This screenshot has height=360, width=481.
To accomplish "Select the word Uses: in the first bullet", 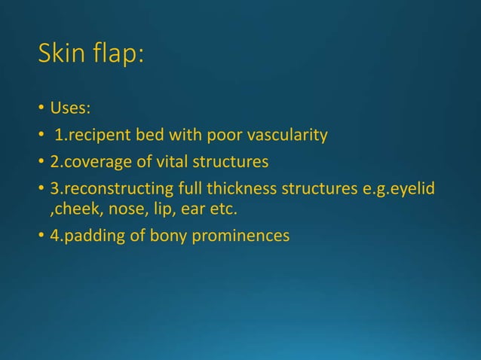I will click(70, 110).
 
